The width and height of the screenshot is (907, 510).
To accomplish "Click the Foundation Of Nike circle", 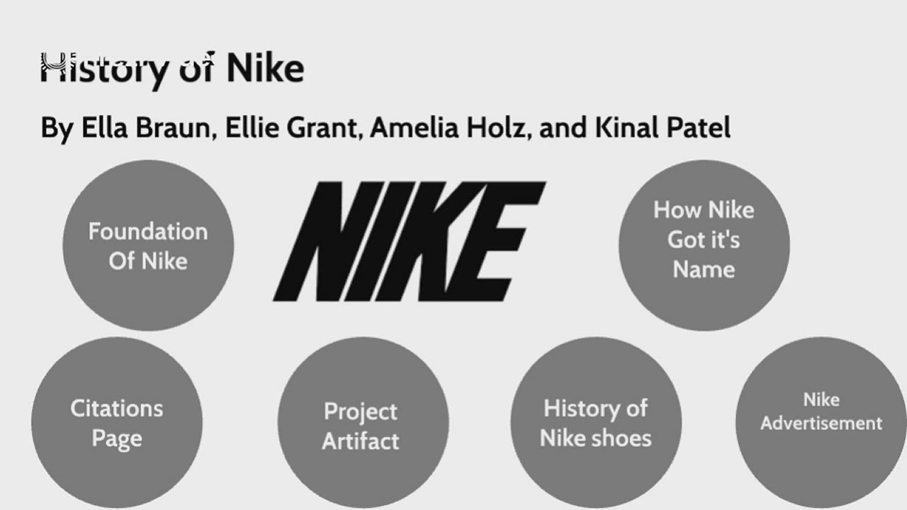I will click(x=147, y=245).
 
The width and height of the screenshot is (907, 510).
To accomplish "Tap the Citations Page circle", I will click(x=117, y=423).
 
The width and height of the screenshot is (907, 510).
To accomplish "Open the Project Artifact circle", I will click(x=361, y=425).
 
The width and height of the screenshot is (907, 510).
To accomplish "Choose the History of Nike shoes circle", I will click(x=595, y=423).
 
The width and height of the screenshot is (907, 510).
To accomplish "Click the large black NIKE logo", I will click(x=409, y=241).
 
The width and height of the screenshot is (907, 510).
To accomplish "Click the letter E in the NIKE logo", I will click(x=503, y=241).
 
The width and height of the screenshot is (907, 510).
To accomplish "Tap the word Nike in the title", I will click(x=265, y=69).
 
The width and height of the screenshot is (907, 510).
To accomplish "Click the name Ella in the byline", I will click(x=103, y=128).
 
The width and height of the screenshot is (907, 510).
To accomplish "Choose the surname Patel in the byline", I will click(x=699, y=128).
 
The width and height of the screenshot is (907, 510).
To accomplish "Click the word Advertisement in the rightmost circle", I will click(x=821, y=424).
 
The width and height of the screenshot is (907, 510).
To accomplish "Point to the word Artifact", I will click(x=361, y=441).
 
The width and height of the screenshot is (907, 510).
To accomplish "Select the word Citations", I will click(x=117, y=408).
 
